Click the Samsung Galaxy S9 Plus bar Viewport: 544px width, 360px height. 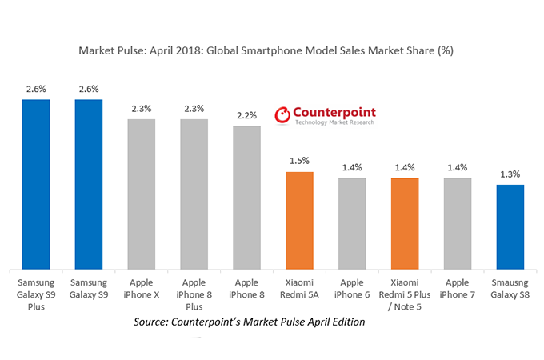pyautogui.click(x=37, y=184)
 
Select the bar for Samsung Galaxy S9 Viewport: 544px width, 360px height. pyautogui.click(x=89, y=184)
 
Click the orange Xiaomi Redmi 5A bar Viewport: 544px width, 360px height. pyautogui.click(x=299, y=220)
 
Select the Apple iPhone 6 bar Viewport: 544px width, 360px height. pyautogui.click(x=352, y=223)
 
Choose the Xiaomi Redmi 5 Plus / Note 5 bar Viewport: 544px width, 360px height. pyautogui.click(x=405, y=223)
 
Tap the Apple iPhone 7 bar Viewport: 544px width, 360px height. pyautogui.click(x=457, y=223)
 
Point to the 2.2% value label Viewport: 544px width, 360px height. pyautogui.click(x=246, y=115)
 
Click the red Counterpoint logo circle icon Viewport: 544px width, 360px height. pyautogui.click(x=282, y=116)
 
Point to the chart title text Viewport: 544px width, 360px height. pyautogui.click(x=271, y=50)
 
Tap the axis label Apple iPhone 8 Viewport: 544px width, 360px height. pyautogui.click(x=246, y=289)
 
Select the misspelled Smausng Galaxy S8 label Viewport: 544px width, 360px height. pyautogui.click(x=510, y=289)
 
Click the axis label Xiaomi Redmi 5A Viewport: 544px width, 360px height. pyautogui.click(x=299, y=289)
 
